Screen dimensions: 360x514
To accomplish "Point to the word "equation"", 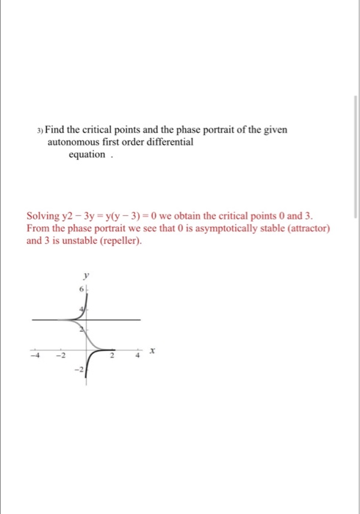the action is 87,155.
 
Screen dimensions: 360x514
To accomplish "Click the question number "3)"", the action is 40,130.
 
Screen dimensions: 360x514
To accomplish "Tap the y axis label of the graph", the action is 86,276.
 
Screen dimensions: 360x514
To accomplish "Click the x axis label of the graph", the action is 151,353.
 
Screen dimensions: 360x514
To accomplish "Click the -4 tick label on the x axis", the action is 32,359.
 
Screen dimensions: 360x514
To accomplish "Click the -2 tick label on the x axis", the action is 62,359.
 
